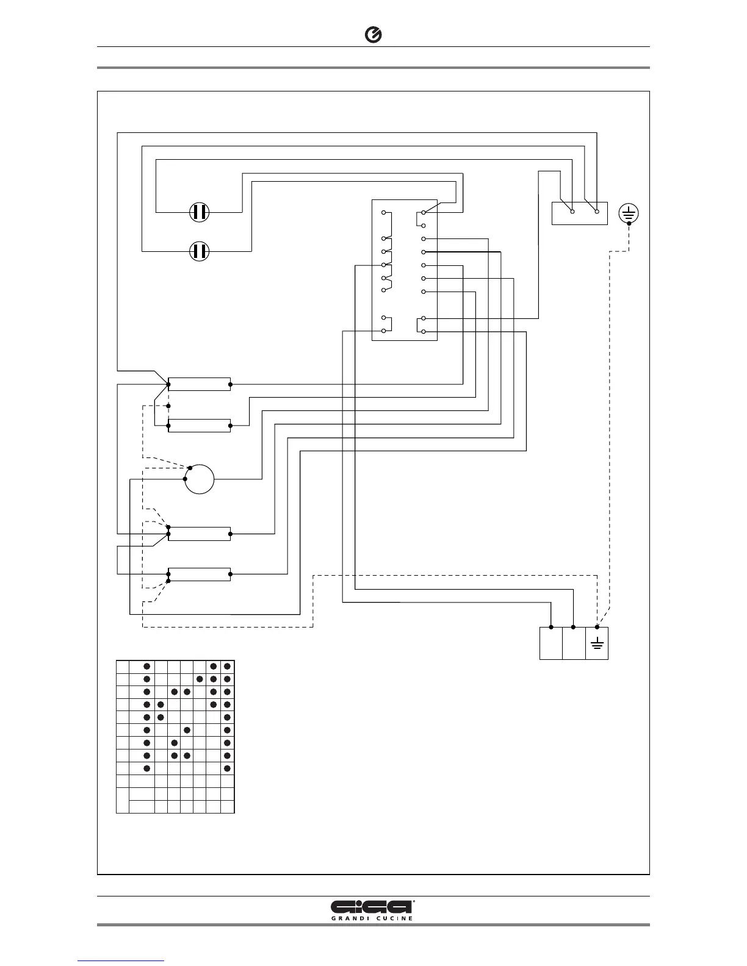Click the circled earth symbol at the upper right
(629, 213)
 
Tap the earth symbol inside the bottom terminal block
(597, 644)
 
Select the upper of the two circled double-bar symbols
(199, 212)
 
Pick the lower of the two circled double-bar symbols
(199, 251)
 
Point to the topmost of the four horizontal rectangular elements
(199, 384)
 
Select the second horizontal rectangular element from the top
(199, 426)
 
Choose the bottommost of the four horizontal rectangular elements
(199, 574)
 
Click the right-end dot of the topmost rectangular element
(230, 384)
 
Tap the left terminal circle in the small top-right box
(572, 212)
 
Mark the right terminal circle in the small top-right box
(597, 212)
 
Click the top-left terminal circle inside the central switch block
(383, 213)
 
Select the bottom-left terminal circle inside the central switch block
(383, 331)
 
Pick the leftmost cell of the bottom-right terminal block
(550, 643)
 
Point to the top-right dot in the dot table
(227, 666)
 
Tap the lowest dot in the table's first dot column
(146, 768)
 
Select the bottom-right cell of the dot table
(227, 807)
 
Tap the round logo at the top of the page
(374, 36)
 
